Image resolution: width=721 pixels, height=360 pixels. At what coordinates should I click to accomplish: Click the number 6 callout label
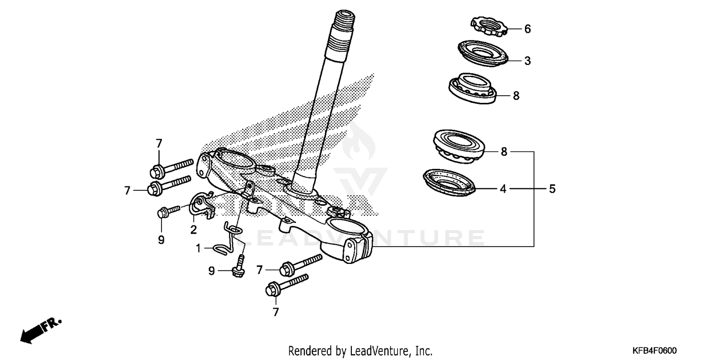point(527,29)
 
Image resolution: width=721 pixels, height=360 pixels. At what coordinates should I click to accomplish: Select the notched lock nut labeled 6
point(488,25)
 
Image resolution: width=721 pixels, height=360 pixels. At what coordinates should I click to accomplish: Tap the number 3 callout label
point(527,61)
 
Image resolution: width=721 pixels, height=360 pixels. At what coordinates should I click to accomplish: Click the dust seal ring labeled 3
point(481,53)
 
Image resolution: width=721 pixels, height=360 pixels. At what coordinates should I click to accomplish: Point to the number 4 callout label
point(503,189)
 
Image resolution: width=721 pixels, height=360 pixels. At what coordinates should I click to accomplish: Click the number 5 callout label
point(552,189)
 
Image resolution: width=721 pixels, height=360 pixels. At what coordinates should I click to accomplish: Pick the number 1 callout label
point(198,248)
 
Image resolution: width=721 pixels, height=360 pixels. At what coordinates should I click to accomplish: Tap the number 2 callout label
point(193,230)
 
